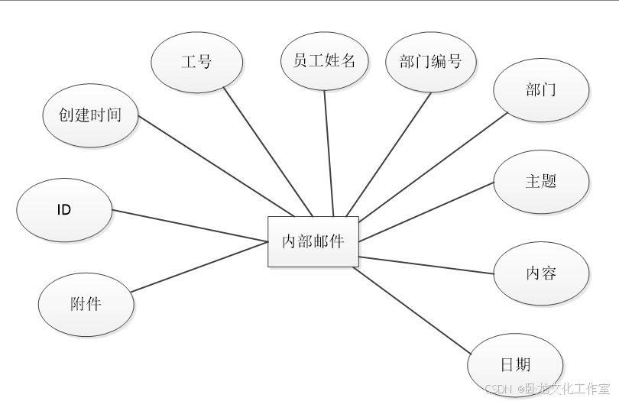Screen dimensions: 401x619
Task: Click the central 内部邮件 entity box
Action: point(313,242)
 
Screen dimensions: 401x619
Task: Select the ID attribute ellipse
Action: point(64,209)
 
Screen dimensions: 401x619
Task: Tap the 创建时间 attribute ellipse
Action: point(90,116)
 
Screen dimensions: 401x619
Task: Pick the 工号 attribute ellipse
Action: point(197,62)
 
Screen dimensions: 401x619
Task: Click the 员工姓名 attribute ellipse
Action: point(324,61)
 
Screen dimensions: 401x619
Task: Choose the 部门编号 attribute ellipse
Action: point(430,61)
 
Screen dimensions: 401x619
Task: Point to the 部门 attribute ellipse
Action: point(541,90)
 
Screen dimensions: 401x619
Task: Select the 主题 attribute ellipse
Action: point(541,182)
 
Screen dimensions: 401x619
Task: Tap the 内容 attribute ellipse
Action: point(541,273)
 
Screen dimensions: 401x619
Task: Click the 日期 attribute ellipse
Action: point(515,364)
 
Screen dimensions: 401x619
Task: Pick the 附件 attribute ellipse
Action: point(86,303)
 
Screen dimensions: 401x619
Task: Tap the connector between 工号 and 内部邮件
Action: point(267,153)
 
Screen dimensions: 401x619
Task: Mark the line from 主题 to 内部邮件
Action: point(426,212)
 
